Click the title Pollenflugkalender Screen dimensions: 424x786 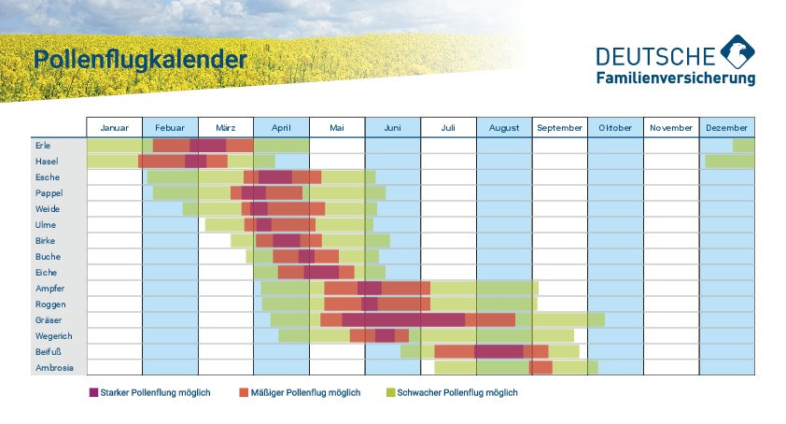pos(140,60)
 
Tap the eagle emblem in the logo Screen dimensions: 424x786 pos(737,52)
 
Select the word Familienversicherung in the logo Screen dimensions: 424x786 pos(675,79)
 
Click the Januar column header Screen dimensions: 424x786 pos(114,127)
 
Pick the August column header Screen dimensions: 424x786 pos(503,127)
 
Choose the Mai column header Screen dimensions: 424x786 pos(336,127)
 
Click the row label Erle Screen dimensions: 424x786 pos(43,146)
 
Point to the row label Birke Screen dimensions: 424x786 pos(45,241)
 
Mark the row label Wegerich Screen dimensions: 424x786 pos(52,336)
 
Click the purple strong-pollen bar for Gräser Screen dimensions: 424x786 pos(403,319)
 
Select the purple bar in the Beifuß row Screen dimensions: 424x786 pos(498,351)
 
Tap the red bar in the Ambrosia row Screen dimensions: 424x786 pos(540,367)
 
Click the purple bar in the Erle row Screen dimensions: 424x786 pos(207,145)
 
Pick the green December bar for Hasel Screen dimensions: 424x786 pos(729,162)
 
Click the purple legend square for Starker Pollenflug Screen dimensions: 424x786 pos(93,392)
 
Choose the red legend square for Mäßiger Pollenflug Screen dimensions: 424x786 pos(244,392)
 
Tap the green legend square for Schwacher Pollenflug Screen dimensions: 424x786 pos(390,392)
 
